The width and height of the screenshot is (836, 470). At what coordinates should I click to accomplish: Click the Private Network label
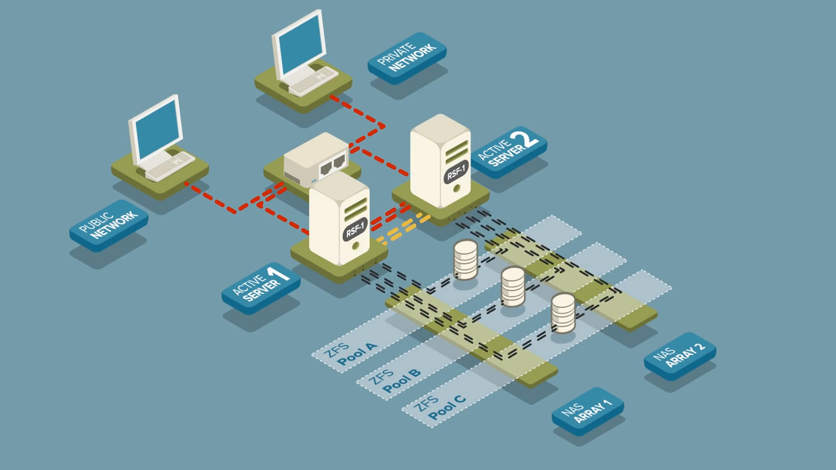coord(406,57)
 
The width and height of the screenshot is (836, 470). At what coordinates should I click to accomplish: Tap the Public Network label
coord(108,225)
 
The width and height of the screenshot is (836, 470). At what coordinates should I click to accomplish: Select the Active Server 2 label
coord(508,151)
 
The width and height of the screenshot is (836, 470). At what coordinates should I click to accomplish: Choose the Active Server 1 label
coord(261,287)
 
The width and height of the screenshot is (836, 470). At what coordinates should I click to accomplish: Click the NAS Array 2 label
coord(680,355)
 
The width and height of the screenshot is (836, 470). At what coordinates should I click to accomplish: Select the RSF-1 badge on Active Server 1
coord(356,229)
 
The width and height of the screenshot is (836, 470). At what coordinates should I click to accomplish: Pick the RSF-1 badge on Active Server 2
coord(457,172)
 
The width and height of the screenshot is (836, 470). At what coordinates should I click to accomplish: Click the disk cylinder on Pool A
coord(466,258)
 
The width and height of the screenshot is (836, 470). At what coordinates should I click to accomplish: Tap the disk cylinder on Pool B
coord(513,286)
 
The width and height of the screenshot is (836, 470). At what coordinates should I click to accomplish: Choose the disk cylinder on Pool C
coord(563,312)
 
